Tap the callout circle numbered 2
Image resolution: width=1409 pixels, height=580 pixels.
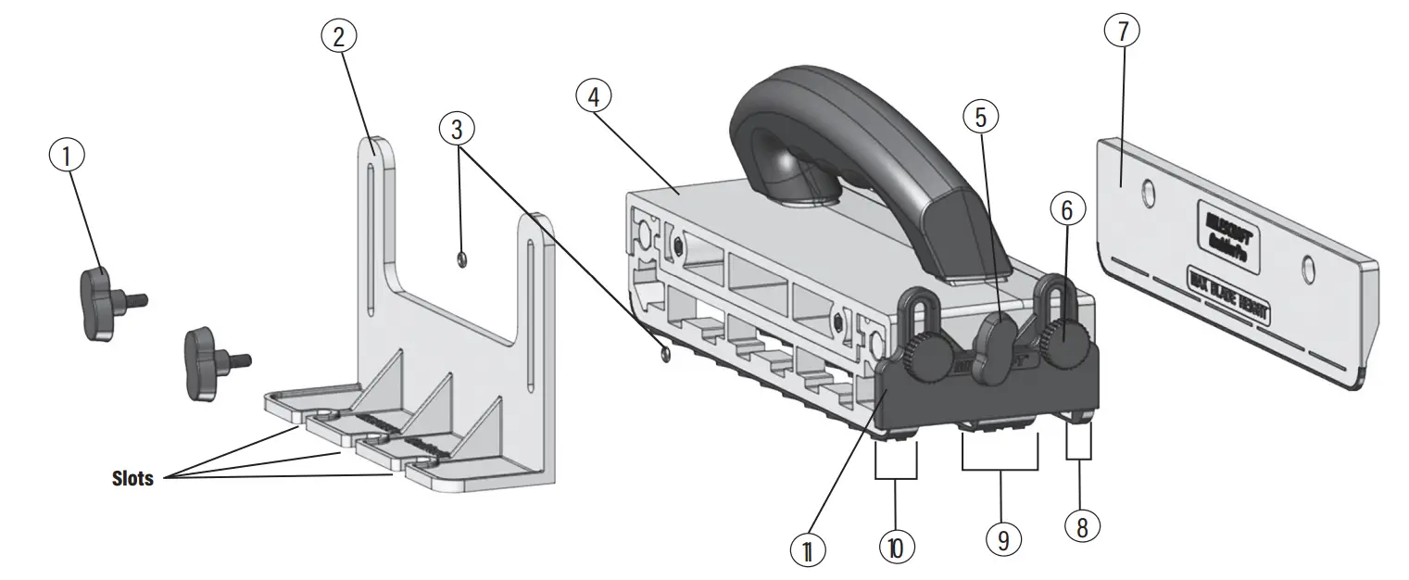339,37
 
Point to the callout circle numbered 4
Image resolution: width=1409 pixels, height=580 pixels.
594,95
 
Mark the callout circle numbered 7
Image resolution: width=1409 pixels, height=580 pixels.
1123,32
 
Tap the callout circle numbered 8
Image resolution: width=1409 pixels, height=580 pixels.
1082,526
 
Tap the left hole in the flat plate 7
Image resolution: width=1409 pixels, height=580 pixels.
1149,195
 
